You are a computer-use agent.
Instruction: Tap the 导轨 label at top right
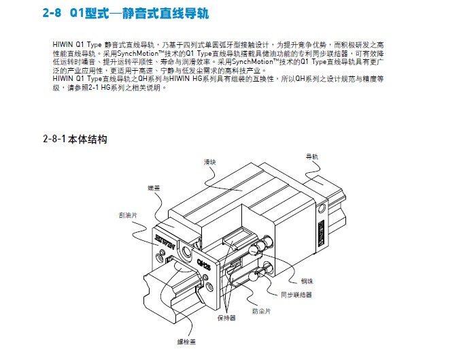coord(312,156)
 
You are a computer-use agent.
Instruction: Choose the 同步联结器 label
coord(296,295)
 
